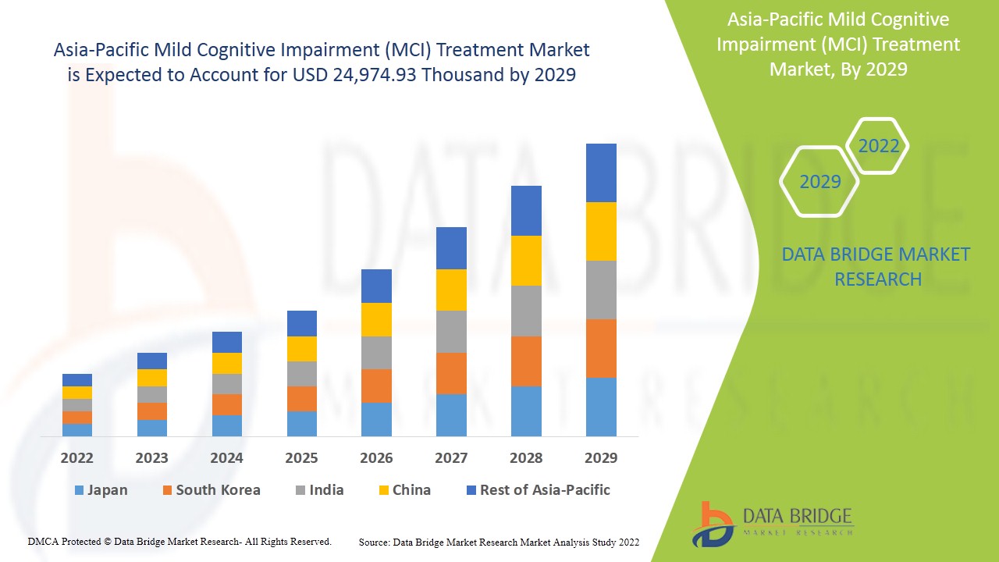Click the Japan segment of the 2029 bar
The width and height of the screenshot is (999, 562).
point(601,407)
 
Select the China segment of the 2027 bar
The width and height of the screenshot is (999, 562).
point(451,290)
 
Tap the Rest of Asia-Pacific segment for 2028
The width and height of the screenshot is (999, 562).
point(526,211)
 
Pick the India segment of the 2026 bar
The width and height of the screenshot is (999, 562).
point(376,353)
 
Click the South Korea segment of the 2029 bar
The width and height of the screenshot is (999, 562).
point(601,348)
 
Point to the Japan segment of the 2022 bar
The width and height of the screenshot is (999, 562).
point(77,429)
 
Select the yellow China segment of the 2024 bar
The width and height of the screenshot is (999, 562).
point(227,363)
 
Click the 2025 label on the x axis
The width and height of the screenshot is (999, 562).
point(301,458)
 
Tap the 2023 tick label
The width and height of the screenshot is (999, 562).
point(151,458)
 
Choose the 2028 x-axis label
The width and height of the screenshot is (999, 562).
point(526,458)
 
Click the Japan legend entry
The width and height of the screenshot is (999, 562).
point(101,490)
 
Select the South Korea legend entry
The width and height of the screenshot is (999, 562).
point(211,490)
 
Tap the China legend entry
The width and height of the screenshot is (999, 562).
point(404,490)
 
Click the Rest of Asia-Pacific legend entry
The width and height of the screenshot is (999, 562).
point(538,490)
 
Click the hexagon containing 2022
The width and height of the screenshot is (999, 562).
point(878,146)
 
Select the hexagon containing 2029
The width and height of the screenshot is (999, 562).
point(819,182)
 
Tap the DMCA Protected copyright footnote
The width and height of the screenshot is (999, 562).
point(180,541)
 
